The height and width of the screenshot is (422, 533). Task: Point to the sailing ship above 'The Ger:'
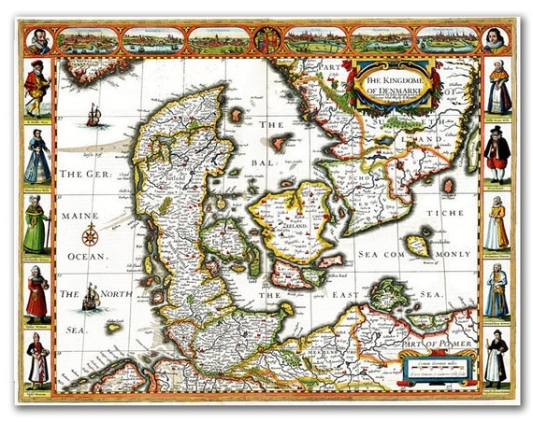coord(94,116)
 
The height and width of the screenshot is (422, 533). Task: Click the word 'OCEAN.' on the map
coord(86,255)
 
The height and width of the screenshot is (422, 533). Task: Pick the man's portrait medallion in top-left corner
coord(37,40)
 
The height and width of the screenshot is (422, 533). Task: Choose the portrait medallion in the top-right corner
coord(496,40)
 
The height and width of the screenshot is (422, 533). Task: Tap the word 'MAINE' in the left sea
coord(81,214)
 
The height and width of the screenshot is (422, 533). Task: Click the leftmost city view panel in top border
coord(89,40)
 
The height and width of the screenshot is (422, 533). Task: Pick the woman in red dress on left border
coord(37,294)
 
